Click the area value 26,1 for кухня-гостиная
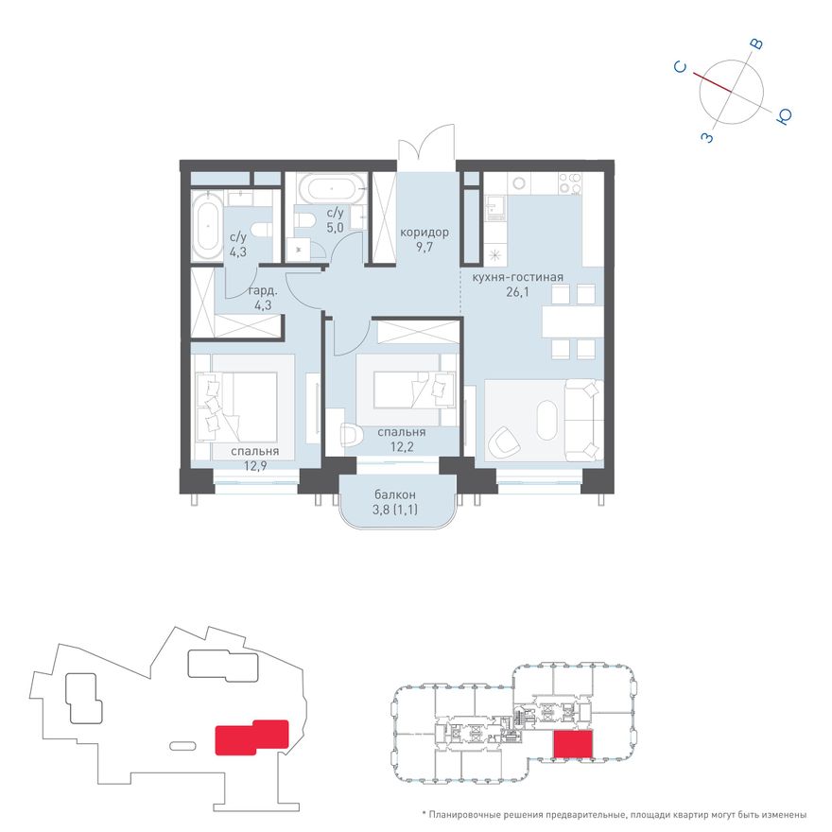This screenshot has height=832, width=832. [517, 292]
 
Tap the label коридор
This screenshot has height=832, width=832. [425, 233]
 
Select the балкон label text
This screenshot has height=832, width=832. [395, 494]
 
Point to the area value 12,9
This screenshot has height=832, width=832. [254, 466]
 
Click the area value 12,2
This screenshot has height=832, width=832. [402, 447]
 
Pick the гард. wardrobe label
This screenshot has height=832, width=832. [263, 291]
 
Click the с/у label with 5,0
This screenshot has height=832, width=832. [336, 213]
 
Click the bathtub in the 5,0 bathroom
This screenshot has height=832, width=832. [332, 188]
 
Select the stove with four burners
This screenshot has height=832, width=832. [570, 183]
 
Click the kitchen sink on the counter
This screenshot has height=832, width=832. [495, 207]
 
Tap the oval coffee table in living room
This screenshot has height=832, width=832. [547, 420]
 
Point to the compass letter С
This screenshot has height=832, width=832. [681, 67]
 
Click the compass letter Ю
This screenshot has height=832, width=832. [784, 116]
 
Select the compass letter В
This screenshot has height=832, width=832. [756, 44]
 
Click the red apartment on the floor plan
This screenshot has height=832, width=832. [573, 744]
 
